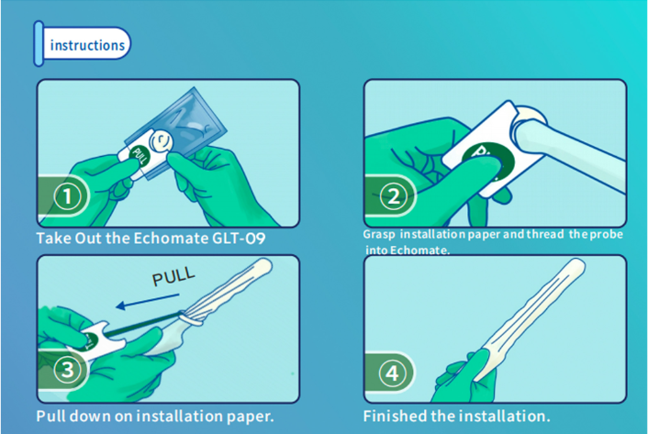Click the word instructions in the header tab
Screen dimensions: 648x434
87,45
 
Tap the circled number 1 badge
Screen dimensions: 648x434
67,196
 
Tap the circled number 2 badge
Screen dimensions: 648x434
393,196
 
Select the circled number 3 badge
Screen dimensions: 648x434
67,370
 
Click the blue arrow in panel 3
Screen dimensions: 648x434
148,301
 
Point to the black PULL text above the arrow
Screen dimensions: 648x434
173,276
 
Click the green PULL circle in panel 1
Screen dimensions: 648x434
140,157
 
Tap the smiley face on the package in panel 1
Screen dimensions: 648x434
161,141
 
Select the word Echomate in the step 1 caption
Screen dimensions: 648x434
171,239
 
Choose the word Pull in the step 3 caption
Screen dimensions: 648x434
50,416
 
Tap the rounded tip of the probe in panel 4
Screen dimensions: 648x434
577,265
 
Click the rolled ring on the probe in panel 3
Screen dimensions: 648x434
191,318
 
